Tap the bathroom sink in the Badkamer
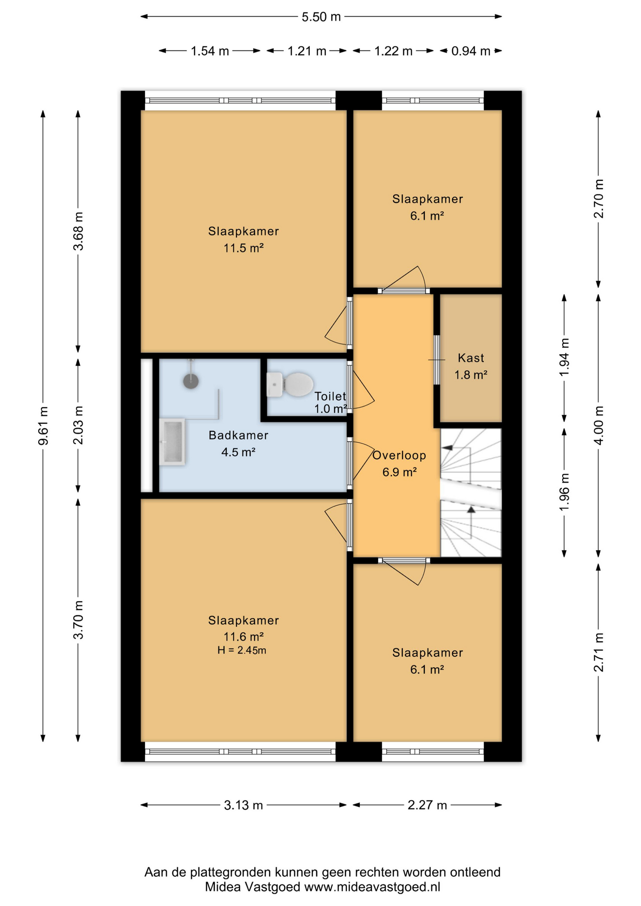click(172, 442)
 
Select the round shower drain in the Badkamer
click(191, 381)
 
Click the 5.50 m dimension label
click(321, 17)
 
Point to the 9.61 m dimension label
click(43, 426)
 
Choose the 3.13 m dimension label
click(243, 805)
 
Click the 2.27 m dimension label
click(427, 805)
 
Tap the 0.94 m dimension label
click(471, 51)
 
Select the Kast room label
click(471, 358)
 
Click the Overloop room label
click(399, 455)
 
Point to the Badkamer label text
click(238, 435)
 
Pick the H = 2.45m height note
click(242, 650)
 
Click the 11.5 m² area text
click(244, 248)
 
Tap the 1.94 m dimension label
click(564, 357)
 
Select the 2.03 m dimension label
click(78, 425)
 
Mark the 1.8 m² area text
click(471, 375)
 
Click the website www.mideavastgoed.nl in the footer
click(372, 887)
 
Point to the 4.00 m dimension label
click(599, 426)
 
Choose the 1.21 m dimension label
click(307, 51)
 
